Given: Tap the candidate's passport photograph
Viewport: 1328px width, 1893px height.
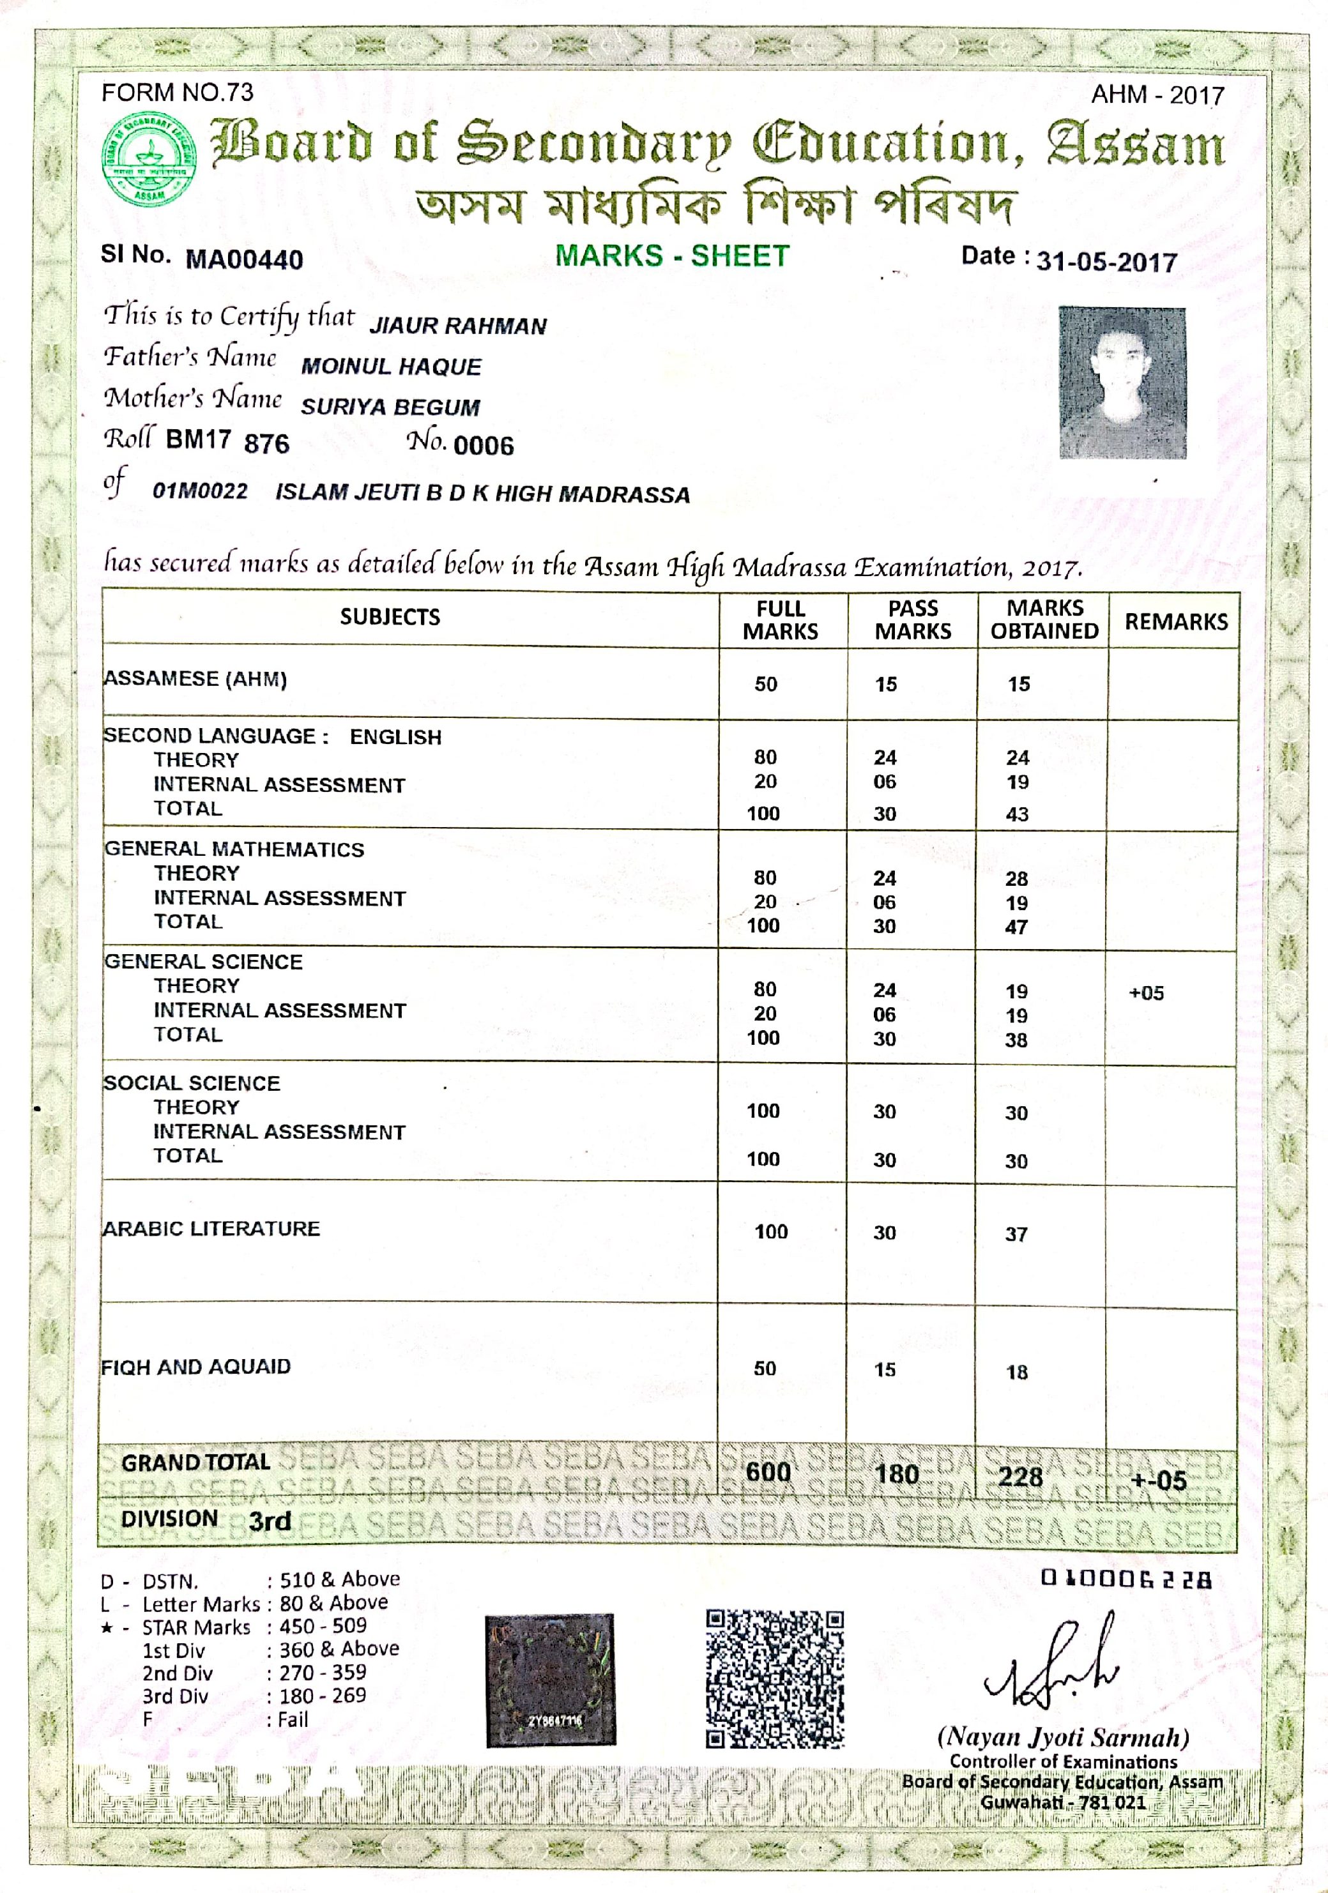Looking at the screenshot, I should (x=1122, y=383).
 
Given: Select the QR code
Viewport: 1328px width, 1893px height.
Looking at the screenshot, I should (x=775, y=1678).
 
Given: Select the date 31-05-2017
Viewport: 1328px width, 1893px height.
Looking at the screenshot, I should (x=1106, y=261).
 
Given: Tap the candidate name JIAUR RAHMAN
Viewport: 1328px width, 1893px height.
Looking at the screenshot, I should (x=458, y=326).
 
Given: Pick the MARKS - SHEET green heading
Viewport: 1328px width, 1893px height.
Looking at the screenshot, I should (x=672, y=255).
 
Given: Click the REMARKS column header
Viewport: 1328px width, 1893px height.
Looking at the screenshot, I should (x=1175, y=621).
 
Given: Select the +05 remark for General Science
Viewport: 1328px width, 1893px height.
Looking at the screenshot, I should (x=1146, y=992).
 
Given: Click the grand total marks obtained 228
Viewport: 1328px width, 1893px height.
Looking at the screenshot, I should (x=1020, y=1476).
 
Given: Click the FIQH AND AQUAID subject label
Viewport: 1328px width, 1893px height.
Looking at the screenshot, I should (x=195, y=1367).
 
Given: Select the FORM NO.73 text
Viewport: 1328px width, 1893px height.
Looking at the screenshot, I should (x=178, y=93).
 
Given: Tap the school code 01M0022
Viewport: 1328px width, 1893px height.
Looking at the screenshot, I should (x=199, y=491).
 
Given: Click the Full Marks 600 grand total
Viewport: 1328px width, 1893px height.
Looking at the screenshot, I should (x=768, y=1473).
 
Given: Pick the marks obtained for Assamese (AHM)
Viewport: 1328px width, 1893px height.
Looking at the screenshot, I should (x=1019, y=683).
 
